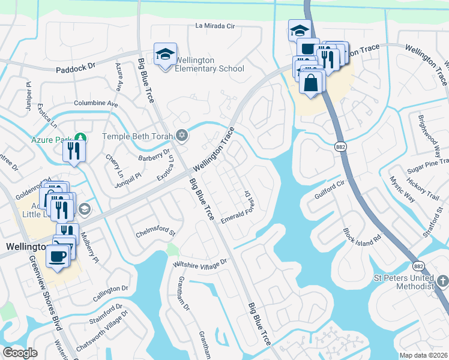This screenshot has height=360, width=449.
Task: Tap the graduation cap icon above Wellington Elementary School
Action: (165, 55)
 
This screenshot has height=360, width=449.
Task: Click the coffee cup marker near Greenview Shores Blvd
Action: (58, 257)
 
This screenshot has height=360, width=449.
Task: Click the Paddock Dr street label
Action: (76, 68)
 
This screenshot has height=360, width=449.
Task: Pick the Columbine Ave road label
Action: (96, 103)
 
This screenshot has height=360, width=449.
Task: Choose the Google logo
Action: (20, 353)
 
